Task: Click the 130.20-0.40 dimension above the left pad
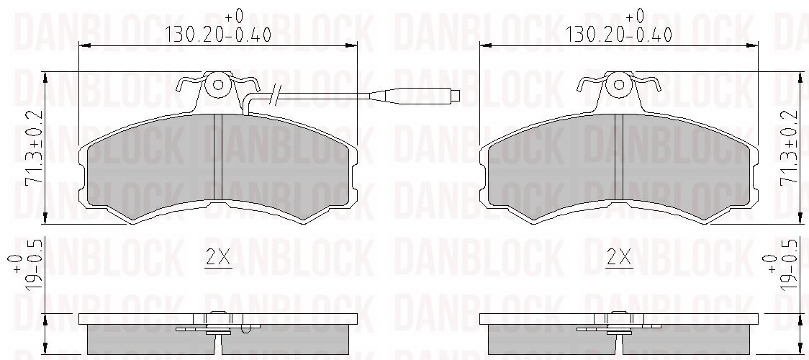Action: [x=218, y=33]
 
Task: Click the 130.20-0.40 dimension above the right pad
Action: [x=619, y=33]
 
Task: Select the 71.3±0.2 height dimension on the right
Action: [x=792, y=149]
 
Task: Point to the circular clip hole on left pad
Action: [x=216, y=86]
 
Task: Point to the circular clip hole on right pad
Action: [x=617, y=86]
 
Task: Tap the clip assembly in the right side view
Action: [x=618, y=325]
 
